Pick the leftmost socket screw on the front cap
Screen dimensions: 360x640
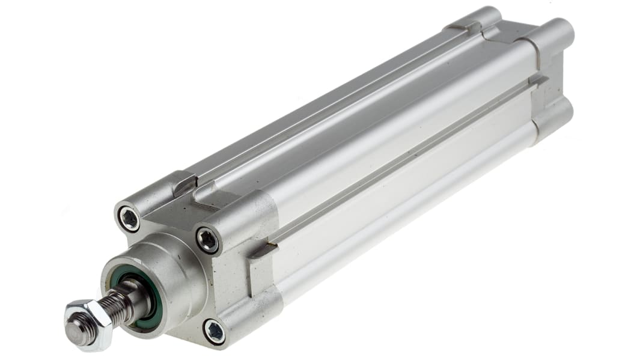pyautogui.click(x=129, y=218)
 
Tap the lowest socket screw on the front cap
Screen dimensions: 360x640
pyautogui.click(x=214, y=331)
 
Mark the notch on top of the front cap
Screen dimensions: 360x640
pyautogui.click(x=184, y=184)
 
